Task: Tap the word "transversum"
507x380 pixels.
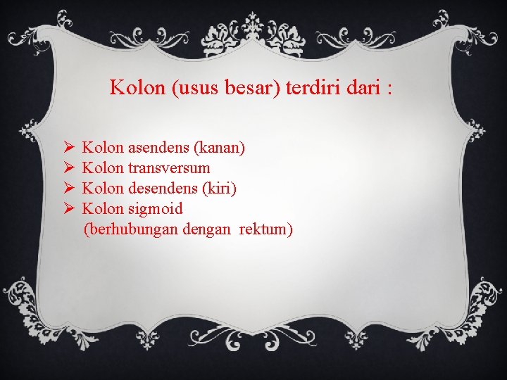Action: (x=169, y=168)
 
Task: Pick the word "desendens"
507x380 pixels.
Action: (x=163, y=189)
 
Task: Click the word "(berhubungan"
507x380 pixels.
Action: (x=130, y=229)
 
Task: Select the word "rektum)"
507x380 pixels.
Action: (x=265, y=229)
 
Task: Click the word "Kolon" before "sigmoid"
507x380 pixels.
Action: (x=103, y=209)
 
